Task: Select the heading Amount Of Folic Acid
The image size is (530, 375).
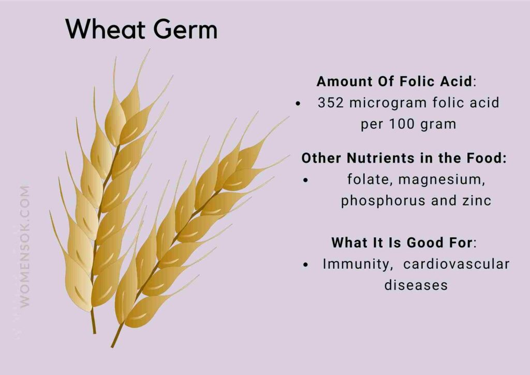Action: click(394, 81)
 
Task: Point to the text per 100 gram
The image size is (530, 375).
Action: click(408, 124)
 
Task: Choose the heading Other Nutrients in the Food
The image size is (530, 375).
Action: click(404, 158)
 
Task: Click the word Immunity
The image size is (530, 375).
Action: click(356, 264)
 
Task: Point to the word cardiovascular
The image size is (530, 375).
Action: click(456, 264)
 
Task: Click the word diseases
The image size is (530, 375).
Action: click(416, 285)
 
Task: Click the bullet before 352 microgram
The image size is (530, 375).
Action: click(298, 104)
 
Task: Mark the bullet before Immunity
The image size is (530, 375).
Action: click(306, 265)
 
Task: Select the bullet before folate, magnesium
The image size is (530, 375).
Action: click(305, 180)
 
